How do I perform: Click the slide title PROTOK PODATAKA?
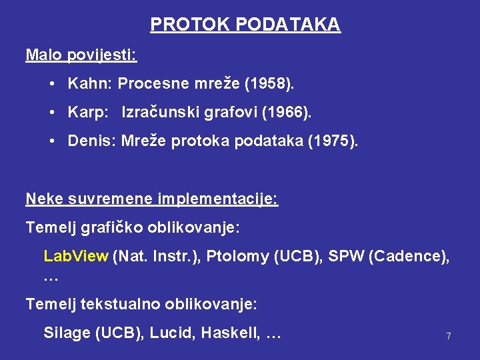[245, 25]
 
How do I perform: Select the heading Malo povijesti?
[81, 54]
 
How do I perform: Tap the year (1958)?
[269, 84]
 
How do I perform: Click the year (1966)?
[287, 113]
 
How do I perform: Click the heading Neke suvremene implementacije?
[152, 199]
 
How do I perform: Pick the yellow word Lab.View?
[75, 256]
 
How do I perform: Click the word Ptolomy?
[238, 256]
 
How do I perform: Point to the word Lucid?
[171, 333]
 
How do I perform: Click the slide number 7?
[449, 336]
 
